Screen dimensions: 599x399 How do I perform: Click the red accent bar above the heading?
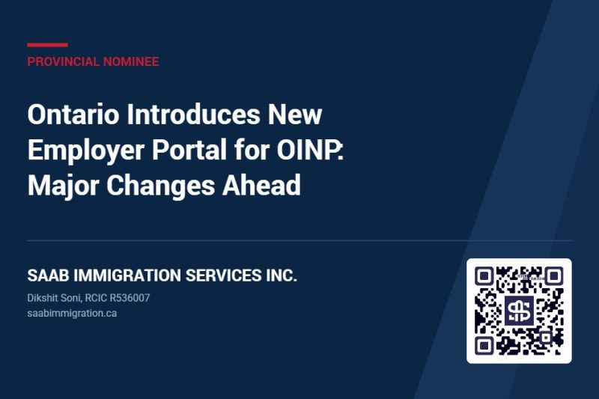coord(47,45)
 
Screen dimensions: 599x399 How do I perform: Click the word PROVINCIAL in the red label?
coord(63,61)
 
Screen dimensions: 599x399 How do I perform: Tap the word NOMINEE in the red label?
coord(130,61)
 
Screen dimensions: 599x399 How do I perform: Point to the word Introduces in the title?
coord(193,115)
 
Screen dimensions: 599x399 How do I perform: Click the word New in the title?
coord(294,115)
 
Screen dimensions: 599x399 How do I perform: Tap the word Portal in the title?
coord(189,150)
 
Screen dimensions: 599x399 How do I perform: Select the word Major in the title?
coord(63,185)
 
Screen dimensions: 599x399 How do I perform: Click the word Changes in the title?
coord(160,185)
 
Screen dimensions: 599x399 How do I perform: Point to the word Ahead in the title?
coord(261,185)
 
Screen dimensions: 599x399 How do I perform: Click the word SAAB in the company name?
coord(48,275)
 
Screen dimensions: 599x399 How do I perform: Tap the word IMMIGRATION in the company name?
coord(127,275)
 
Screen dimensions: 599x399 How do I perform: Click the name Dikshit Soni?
coord(54,298)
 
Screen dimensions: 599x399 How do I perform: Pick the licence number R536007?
coord(130,298)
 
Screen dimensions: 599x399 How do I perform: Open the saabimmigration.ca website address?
coord(72,314)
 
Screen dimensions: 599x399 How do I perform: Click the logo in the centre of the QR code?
coord(519,311)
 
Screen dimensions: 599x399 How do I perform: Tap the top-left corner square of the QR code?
coord(484,275)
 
